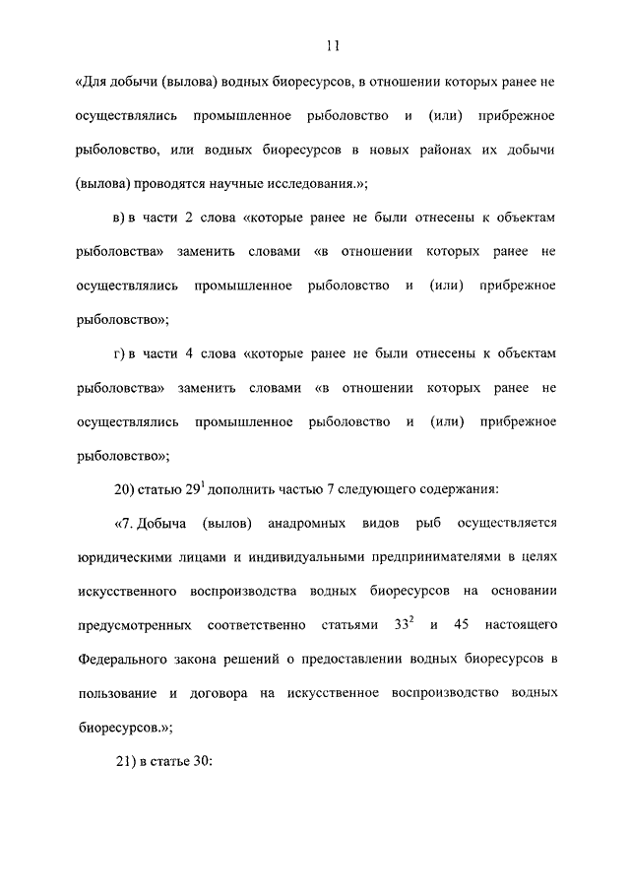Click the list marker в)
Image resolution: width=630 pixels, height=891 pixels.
click(123, 218)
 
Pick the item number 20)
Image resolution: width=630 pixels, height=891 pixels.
click(128, 489)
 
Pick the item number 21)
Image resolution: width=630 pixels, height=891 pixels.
click(128, 762)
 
